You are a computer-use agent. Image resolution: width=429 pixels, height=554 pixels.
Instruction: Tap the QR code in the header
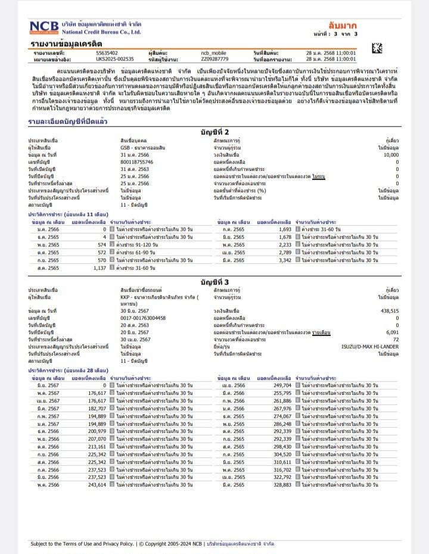(377, 48)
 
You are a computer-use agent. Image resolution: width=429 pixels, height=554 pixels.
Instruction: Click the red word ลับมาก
(342, 25)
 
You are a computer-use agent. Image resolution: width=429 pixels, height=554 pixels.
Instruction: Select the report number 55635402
(107, 53)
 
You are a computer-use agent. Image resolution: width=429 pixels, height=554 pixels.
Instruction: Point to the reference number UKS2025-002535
(115, 60)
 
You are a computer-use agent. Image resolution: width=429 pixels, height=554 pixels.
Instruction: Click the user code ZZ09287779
(214, 60)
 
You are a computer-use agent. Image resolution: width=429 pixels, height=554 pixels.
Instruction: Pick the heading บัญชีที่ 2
(214, 132)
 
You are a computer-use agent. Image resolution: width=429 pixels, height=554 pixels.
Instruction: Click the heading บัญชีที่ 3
(214, 281)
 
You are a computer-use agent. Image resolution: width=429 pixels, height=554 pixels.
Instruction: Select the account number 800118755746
(136, 161)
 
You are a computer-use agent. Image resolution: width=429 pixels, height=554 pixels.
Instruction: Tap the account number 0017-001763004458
(143, 318)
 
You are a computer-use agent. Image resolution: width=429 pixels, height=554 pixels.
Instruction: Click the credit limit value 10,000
(391, 154)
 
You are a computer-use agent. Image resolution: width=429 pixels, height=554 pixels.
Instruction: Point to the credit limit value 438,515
(390, 311)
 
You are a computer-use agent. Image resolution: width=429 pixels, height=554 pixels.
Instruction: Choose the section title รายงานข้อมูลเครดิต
(67, 44)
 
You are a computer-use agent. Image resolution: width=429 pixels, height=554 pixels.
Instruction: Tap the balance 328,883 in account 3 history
(280, 485)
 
